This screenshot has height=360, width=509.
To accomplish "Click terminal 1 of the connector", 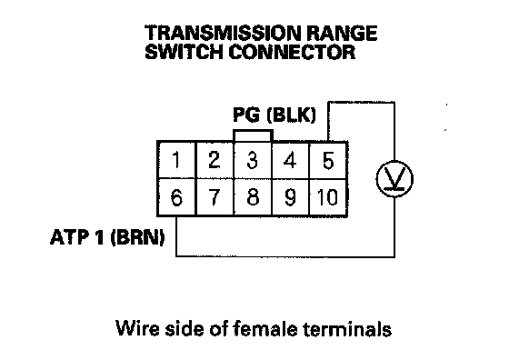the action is tap(176, 160).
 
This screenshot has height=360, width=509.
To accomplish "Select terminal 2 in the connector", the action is tap(215, 160).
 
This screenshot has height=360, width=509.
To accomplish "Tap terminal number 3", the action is tap(253, 160).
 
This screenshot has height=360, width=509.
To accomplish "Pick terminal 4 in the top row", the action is tap(290, 160).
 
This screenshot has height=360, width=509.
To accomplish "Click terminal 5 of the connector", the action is tap(328, 160).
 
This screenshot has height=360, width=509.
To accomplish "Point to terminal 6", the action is tap(176, 197).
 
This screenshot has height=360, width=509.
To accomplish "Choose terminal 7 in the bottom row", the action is tap(215, 197).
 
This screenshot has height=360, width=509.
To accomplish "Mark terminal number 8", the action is tap(253, 197).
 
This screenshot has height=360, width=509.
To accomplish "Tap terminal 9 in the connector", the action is tap(290, 197).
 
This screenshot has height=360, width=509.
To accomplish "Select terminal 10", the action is tap(328, 197).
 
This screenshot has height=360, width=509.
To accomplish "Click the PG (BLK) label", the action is tap(274, 115).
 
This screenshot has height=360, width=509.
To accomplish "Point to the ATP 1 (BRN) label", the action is tap(107, 237).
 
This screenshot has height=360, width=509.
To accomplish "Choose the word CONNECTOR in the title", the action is tap(292, 52).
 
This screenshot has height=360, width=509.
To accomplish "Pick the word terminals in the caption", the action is tap(347, 328).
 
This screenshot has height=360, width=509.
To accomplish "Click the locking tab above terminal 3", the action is tap(253, 131).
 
